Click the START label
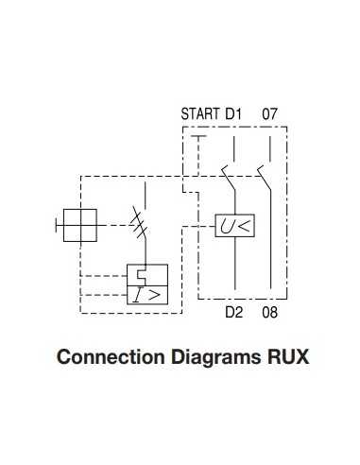(199, 115)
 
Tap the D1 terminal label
(233, 115)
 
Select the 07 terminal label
(269, 115)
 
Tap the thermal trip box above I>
(146, 275)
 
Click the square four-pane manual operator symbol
(79, 226)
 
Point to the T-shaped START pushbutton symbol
(197, 142)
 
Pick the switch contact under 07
(264, 173)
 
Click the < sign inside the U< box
(243, 227)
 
